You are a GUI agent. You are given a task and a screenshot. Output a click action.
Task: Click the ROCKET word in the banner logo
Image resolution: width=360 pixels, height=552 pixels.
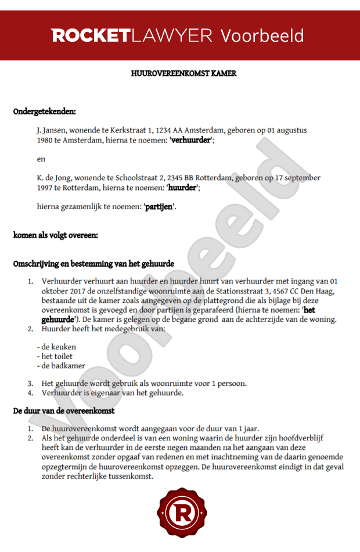91,35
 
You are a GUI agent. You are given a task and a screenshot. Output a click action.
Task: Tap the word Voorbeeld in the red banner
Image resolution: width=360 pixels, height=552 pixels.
262,35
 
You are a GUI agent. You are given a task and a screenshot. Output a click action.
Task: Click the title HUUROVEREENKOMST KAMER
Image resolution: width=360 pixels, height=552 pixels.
184,74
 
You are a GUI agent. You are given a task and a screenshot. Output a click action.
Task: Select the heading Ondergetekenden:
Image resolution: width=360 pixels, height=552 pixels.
45,112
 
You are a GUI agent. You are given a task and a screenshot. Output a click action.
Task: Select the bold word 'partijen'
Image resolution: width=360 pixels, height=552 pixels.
159,206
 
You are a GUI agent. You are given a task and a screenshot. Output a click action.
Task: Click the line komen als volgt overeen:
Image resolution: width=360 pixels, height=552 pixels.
56,235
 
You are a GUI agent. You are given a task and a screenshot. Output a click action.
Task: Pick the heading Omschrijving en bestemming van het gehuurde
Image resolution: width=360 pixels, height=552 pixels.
93,264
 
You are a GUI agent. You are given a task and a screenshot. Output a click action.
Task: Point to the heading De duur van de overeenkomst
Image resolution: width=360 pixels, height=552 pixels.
63,411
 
